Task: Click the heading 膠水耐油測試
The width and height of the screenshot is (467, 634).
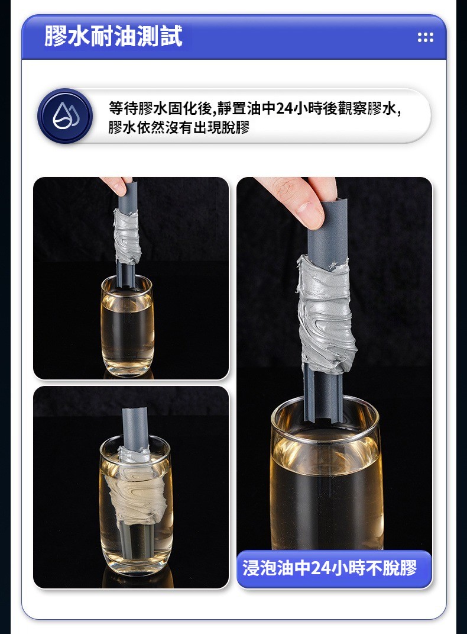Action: [x=113, y=36]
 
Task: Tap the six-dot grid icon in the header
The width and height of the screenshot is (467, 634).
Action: [x=426, y=38]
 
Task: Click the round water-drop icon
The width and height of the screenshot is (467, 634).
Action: [x=65, y=116]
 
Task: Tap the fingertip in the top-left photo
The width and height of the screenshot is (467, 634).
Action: [x=118, y=185]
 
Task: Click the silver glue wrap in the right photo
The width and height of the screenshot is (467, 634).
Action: [x=326, y=314]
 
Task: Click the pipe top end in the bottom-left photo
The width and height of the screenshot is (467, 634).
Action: [x=136, y=411]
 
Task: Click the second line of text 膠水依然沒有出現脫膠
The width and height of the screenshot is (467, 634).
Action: [x=179, y=127]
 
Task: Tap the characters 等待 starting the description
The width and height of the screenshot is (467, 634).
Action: [x=123, y=108]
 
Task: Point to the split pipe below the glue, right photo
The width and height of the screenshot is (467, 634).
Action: [x=323, y=394]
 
